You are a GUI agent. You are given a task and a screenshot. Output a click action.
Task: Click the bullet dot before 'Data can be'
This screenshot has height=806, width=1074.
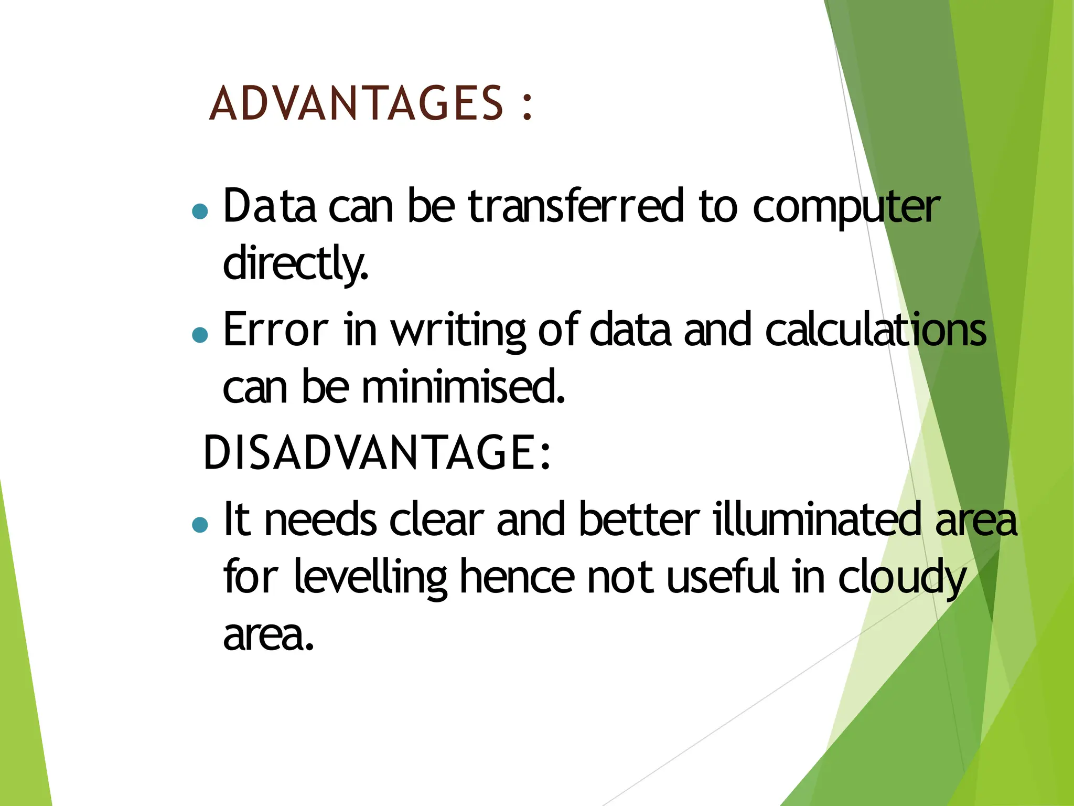pos(200,211)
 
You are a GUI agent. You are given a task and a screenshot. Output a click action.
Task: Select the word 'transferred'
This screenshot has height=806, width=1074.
pos(576,206)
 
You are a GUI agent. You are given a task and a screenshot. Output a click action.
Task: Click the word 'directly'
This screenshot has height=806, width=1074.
pos(295,263)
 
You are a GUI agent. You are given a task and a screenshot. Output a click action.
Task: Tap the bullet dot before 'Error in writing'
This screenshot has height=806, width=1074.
pos(200,335)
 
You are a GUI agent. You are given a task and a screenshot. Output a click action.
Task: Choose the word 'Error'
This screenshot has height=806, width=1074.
pos(276,330)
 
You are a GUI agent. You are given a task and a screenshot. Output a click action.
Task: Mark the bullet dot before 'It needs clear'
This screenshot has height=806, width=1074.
pos(200,524)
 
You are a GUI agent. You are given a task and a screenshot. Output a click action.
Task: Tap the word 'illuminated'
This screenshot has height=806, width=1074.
pos(817,519)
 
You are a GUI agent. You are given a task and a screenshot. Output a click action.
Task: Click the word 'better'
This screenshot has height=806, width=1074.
pos(639,519)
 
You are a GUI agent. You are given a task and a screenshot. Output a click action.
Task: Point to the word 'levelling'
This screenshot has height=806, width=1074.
pos(370,577)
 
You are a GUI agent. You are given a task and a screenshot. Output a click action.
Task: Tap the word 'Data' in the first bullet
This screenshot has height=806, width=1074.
pos(270,206)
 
